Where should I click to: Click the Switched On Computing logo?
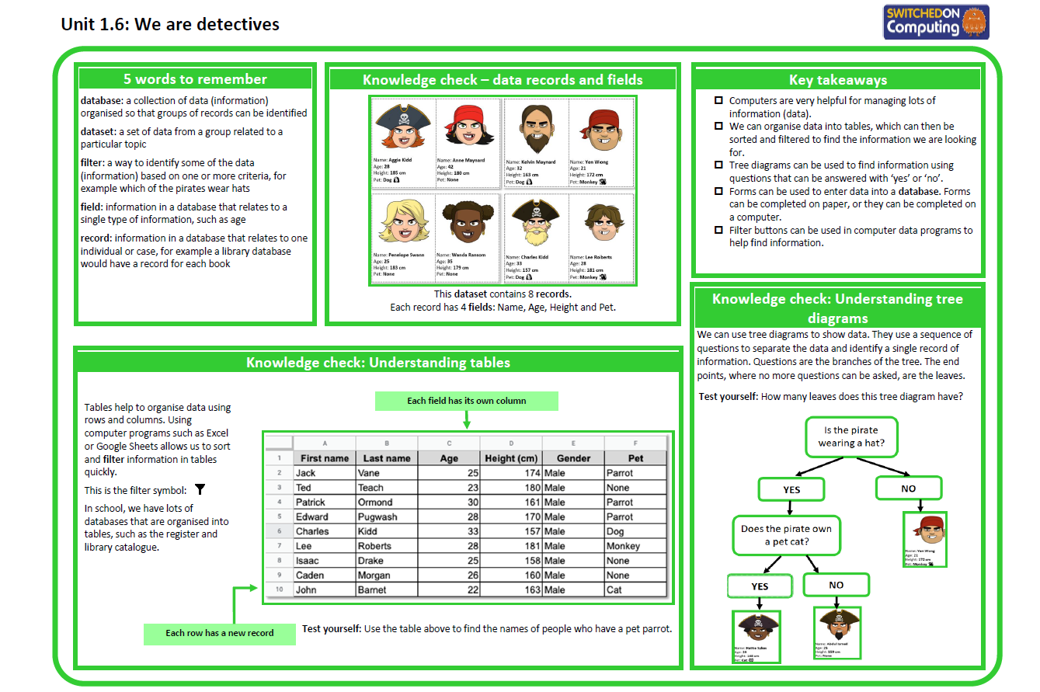(x=936, y=22)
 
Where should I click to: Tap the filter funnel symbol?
(x=200, y=489)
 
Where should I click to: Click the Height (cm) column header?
(x=511, y=458)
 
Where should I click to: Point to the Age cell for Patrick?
(x=449, y=502)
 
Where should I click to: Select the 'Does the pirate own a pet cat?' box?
(x=786, y=535)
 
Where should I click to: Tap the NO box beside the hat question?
(x=908, y=489)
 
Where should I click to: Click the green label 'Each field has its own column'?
(x=466, y=401)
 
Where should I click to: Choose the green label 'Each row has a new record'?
(x=220, y=633)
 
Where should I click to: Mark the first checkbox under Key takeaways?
(x=718, y=101)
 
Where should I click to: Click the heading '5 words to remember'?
(x=195, y=79)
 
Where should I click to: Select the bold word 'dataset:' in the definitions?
(x=98, y=132)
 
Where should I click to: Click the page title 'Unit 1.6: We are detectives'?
(x=170, y=25)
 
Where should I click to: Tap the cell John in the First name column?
(x=306, y=589)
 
